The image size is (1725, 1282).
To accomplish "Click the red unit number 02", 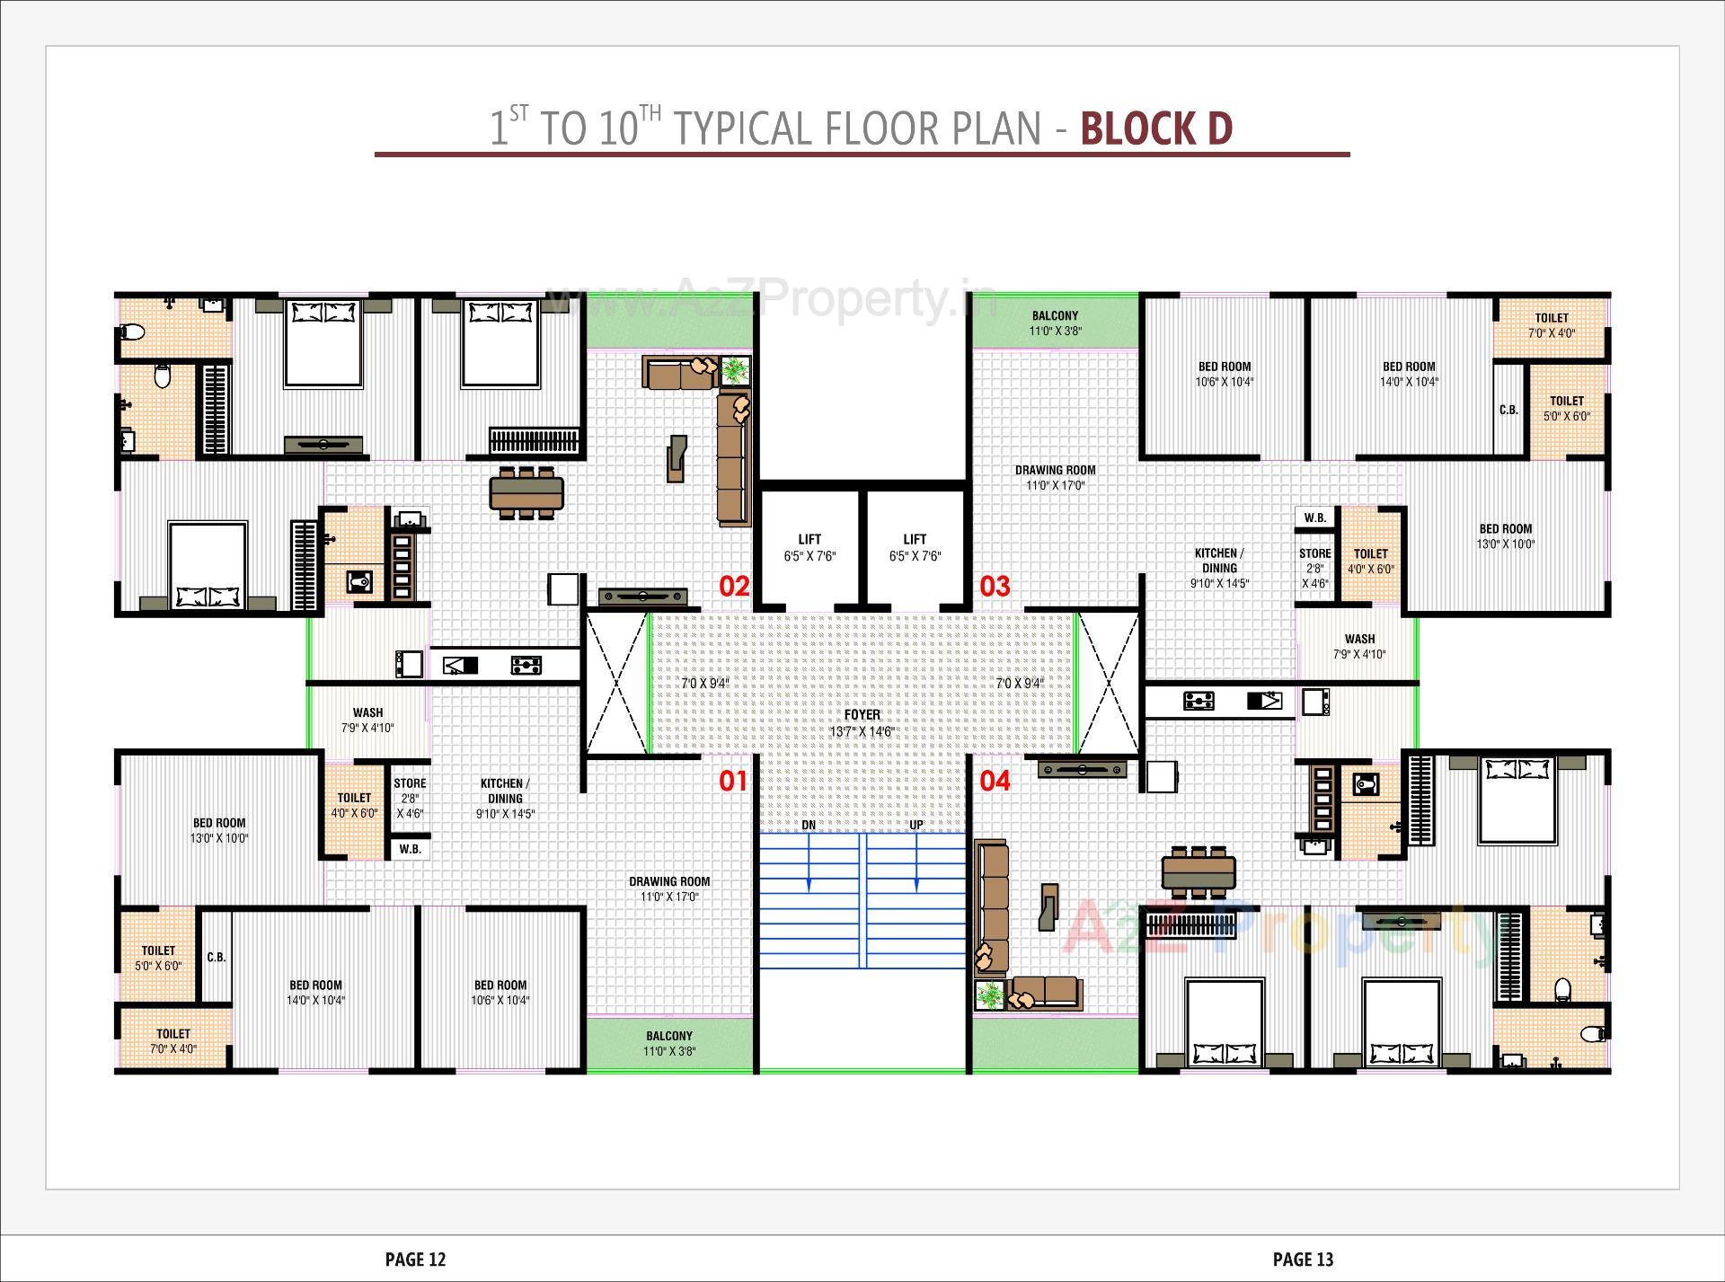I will [x=734, y=587].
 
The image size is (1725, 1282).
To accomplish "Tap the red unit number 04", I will [x=995, y=781].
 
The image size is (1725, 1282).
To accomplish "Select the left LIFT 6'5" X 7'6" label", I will [x=809, y=547].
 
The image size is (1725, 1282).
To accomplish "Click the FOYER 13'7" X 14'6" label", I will [x=862, y=722].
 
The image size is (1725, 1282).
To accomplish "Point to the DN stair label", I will [x=809, y=825].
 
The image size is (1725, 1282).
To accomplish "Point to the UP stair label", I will [x=916, y=825].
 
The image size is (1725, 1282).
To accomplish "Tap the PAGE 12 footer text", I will [x=415, y=1260].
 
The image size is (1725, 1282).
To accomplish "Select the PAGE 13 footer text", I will [x=1303, y=1260].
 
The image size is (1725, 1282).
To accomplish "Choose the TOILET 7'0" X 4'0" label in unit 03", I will [x=1552, y=325].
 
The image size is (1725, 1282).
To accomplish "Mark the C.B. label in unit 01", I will [x=217, y=957].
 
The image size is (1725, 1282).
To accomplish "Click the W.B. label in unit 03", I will [x=1315, y=517].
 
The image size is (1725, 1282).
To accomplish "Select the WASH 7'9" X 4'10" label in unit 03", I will [x=1359, y=646].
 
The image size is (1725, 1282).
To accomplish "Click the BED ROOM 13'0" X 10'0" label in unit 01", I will [x=218, y=830].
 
